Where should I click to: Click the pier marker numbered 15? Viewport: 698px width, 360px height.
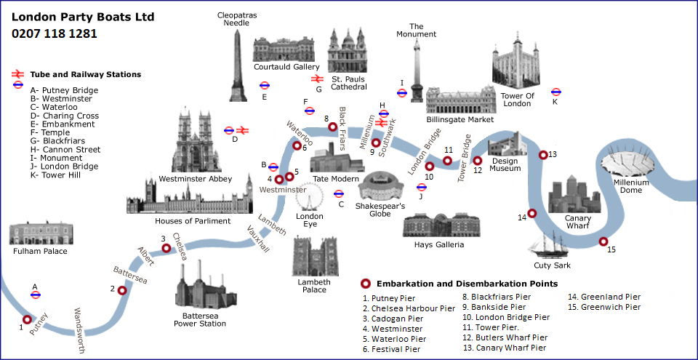pyautogui.click(x=603, y=241)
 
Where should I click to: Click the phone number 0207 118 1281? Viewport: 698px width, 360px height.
pyautogui.click(x=55, y=33)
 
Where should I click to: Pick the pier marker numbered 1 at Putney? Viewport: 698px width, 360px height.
pyautogui.click(x=28, y=319)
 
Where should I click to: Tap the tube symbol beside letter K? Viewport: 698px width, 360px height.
pyautogui.click(x=556, y=92)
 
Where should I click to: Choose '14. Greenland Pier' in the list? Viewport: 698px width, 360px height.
pyautogui.click(x=604, y=297)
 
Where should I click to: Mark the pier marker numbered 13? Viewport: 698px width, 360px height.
pyautogui.click(x=542, y=154)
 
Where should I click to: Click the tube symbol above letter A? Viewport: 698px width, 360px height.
pyautogui.click(x=35, y=295)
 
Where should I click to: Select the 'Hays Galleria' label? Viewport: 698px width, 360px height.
pyautogui.click(x=439, y=244)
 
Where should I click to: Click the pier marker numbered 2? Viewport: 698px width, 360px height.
pyautogui.click(x=122, y=290)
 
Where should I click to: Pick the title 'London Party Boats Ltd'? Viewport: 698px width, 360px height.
pyautogui.click(x=83, y=17)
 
